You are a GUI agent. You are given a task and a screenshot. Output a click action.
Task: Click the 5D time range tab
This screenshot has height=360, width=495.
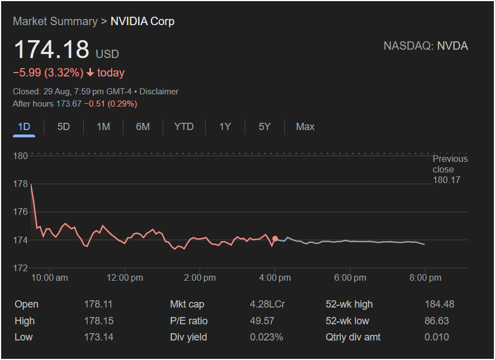(64, 127)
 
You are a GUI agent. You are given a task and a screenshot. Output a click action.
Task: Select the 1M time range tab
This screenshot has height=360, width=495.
(103, 127)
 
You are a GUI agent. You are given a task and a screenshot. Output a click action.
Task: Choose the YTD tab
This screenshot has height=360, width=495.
(184, 127)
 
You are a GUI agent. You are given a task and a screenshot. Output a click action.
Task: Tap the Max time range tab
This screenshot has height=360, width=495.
(305, 127)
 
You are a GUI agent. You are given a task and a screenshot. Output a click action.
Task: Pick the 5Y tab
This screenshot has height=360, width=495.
(264, 127)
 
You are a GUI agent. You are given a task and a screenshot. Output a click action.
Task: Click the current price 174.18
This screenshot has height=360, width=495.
(51, 50)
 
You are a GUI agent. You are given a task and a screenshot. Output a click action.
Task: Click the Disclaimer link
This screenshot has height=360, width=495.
(159, 92)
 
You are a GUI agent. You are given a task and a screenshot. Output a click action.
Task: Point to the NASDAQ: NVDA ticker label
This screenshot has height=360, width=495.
(426, 46)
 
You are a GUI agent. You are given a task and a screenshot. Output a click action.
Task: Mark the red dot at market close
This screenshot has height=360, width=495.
(275, 239)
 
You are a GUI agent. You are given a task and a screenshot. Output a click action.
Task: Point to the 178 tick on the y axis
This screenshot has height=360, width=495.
(21, 184)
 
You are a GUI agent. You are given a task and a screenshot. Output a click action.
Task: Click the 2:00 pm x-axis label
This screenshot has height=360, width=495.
(200, 277)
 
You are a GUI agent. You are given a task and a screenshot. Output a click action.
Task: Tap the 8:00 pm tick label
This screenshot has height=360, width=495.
(425, 277)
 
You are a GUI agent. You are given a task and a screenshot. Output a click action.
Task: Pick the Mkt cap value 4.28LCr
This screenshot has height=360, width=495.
(267, 304)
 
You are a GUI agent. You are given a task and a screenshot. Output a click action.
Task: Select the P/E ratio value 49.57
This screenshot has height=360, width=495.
(263, 321)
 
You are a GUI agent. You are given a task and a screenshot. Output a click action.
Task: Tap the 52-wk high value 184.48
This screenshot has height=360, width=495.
(439, 304)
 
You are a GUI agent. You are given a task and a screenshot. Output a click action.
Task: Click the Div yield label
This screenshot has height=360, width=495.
(188, 337)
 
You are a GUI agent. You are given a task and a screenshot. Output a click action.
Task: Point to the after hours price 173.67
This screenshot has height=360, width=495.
(69, 104)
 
